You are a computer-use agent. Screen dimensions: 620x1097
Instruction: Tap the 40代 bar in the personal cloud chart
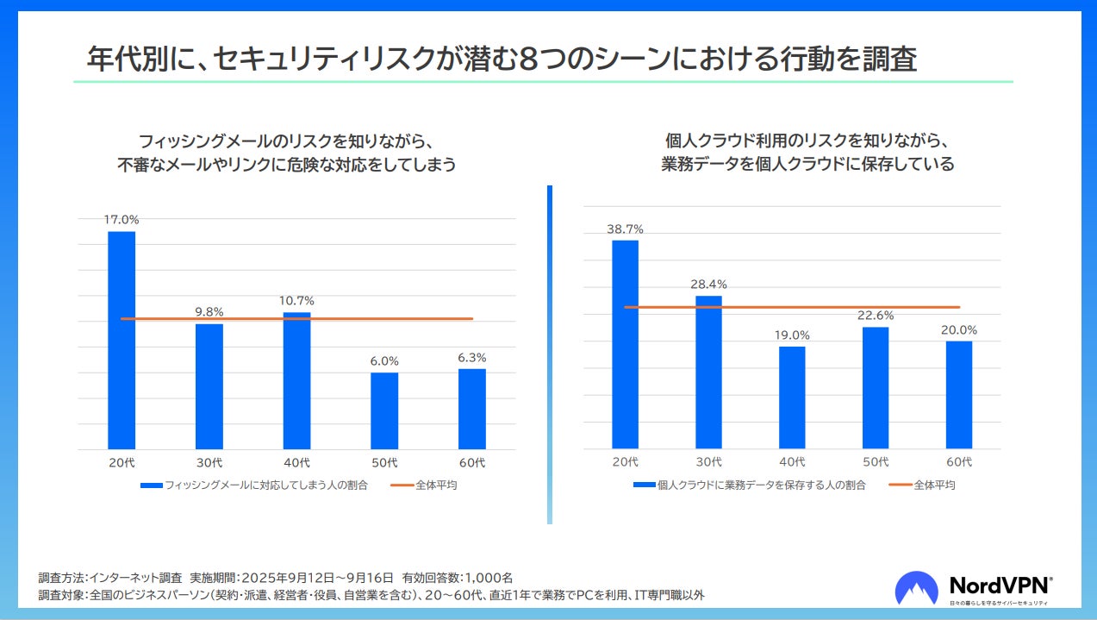tap(792, 398)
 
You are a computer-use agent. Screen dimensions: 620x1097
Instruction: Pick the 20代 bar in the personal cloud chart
tap(625, 344)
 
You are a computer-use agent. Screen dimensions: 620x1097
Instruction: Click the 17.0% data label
tap(122, 219)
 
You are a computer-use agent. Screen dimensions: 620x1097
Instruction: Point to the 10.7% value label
tap(296, 300)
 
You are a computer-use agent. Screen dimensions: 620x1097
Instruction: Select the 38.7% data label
tap(625, 229)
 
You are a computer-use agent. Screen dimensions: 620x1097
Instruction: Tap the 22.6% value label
tap(876, 315)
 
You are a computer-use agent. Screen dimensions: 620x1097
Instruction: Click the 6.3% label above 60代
tap(471, 357)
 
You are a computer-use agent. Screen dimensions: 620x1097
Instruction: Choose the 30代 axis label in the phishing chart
tap(209, 463)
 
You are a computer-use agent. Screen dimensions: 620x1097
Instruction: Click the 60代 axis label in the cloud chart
tap(958, 462)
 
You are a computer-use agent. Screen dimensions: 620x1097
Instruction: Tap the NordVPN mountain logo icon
tap(916, 589)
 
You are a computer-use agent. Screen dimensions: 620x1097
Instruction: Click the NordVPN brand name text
tap(1000, 584)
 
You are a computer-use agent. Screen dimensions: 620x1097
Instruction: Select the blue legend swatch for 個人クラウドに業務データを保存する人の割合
tap(644, 485)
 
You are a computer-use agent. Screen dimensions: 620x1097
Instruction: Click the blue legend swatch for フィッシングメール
tap(151, 485)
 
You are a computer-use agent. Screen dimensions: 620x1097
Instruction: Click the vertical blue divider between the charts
tap(549, 354)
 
